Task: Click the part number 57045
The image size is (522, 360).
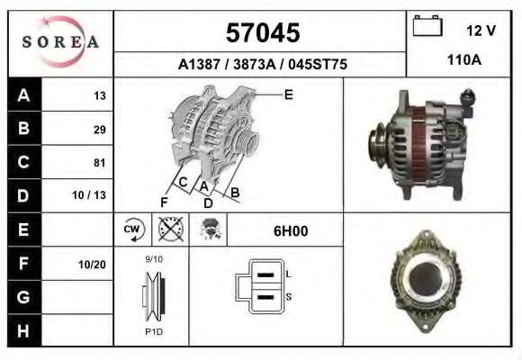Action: tap(262, 33)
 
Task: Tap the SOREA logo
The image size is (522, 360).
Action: tap(60, 41)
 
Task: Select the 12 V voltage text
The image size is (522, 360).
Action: tap(481, 31)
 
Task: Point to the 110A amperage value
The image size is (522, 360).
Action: tap(464, 60)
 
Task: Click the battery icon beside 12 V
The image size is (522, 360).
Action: tap(427, 27)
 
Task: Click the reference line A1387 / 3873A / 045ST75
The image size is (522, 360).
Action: tap(263, 65)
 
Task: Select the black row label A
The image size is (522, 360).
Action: tap(23, 95)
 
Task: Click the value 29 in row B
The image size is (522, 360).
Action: tap(99, 129)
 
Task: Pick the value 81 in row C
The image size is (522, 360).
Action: tap(99, 163)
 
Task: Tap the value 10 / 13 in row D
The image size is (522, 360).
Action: tap(93, 195)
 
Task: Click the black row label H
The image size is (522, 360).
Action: tap(23, 330)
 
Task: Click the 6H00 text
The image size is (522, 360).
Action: tap(290, 231)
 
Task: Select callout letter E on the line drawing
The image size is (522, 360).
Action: tap(288, 94)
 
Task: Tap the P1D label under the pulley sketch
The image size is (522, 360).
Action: tap(154, 330)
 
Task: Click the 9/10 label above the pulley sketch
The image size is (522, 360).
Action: tap(154, 259)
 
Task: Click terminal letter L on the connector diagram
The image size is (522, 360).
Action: tap(287, 273)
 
